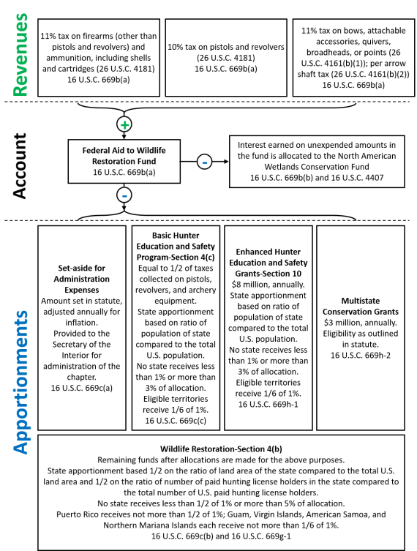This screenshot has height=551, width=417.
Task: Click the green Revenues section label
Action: pyautogui.click(x=20, y=55)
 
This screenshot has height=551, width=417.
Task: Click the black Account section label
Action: pyautogui.click(x=20, y=166)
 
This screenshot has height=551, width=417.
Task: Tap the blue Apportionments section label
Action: pyautogui.click(x=21, y=382)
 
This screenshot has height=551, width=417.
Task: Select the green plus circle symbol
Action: pyautogui.click(x=124, y=124)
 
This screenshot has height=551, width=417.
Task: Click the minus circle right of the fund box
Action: pyautogui.click(x=204, y=162)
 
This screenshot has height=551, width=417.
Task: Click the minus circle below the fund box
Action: pyautogui.click(x=124, y=195)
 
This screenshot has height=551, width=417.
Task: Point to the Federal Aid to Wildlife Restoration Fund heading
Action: pyautogui.click(x=124, y=156)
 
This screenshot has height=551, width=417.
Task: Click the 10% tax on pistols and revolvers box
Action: pyautogui.click(x=226, y=58)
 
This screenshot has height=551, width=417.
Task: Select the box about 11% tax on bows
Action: pyautogui.click(x=353, y=58)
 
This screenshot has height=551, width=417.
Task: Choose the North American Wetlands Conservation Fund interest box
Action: pyautogui.click(x=317, y=161)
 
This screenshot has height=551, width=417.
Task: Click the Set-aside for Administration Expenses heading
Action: pyautogui.click(x=81, y=279)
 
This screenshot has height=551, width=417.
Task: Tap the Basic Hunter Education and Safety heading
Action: pyautogui.click(x=176, y=246)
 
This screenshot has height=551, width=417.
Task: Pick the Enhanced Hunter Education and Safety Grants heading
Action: pyautogui.click(x=268, y=263)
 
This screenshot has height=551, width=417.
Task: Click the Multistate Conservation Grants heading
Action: pyautogui.click(x=361, y=306)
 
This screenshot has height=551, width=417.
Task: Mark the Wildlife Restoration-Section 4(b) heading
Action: pyautogui.click(x=221, y=449)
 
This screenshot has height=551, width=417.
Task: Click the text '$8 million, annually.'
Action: pyautogui.click(x=268, y=285)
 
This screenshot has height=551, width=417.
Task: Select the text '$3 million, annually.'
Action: pyautogui.click(x=361, y=323)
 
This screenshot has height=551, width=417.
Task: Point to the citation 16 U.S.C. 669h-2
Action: pyautogui.click(x=361, y=356)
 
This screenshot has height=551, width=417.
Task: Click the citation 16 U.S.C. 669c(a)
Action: pyautogui.click(x=81, y=388)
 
